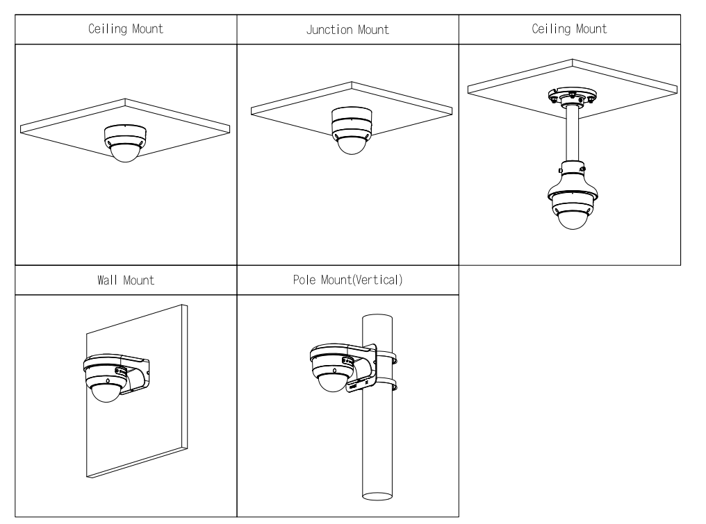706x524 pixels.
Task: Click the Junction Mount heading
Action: click(x=347, y=30)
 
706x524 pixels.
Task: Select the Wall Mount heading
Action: click(x=125, y=282)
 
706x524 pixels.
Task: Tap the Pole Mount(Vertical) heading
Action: click(x=347, y=282)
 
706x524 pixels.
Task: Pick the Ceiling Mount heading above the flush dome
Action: click(x=125, y=30)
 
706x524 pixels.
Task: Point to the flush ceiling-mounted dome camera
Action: click(x=123, y=142)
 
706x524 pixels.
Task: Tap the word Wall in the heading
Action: click(x=104, y=282)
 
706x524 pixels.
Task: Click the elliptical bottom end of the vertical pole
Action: click(x=378, y=495)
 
